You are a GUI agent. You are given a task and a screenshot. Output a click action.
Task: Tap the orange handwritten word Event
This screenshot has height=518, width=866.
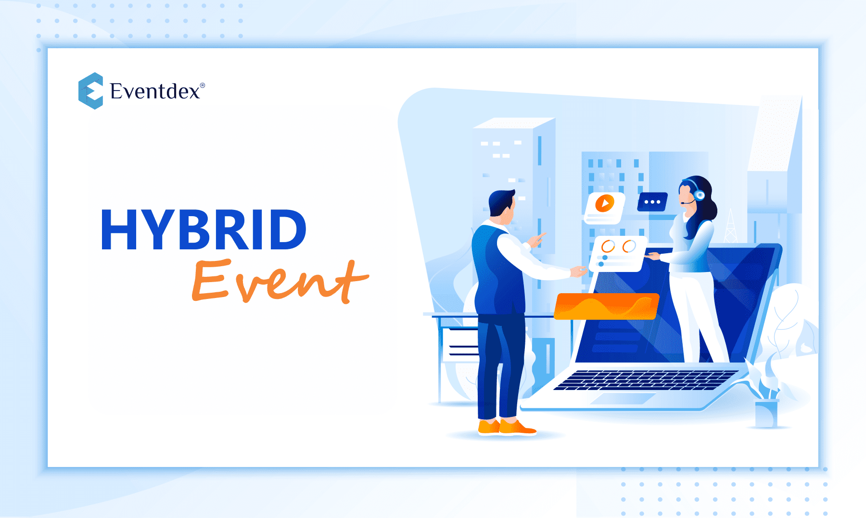[280, 281]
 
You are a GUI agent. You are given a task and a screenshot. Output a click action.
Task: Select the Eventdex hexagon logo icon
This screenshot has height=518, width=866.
[90, 91]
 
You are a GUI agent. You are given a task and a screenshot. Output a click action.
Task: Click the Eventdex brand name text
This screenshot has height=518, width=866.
[155, 91]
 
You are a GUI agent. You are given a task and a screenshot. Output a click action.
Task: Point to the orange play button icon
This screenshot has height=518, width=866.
[605, 203]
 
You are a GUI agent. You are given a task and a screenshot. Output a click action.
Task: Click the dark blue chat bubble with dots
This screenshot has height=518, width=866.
[652, 202]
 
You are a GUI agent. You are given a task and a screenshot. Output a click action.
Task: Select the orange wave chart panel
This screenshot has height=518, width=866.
[607, 306]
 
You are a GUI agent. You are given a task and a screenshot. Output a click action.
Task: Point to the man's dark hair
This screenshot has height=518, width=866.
[500, 201]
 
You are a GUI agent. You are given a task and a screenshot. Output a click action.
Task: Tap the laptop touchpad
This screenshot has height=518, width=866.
[623, 399]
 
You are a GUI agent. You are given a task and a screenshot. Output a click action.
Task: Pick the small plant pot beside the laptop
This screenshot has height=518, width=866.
[766, 414]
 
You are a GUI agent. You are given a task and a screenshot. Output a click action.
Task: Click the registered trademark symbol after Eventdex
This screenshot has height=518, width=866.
[202, 85]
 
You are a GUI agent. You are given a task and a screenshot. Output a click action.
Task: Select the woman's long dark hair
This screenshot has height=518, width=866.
[700, 207]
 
